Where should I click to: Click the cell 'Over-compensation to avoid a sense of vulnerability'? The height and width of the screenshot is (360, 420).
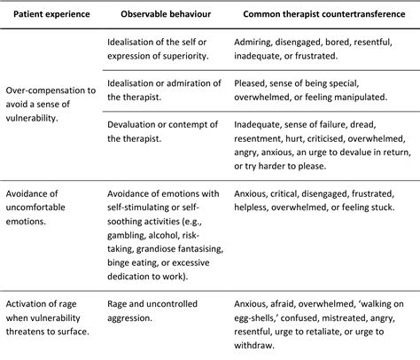[x=50, y=103]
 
